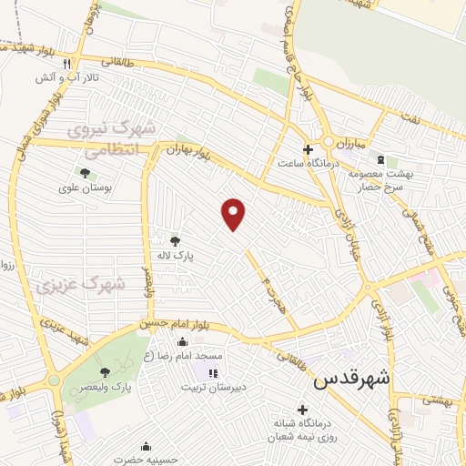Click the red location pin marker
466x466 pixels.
pos(234,213)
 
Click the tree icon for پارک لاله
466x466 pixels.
pos(175,241)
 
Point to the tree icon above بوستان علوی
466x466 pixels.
pos(85,172)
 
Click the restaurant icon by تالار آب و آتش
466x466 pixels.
pos(67,64)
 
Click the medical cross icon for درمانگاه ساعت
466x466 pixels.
pos(308,149)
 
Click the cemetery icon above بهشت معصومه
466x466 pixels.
pos(380,159)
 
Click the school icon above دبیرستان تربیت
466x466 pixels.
pos(212,373)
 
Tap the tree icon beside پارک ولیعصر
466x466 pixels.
pos(105,371)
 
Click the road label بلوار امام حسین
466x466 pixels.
pos(180,321)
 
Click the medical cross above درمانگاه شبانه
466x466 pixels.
pos(302,410)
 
